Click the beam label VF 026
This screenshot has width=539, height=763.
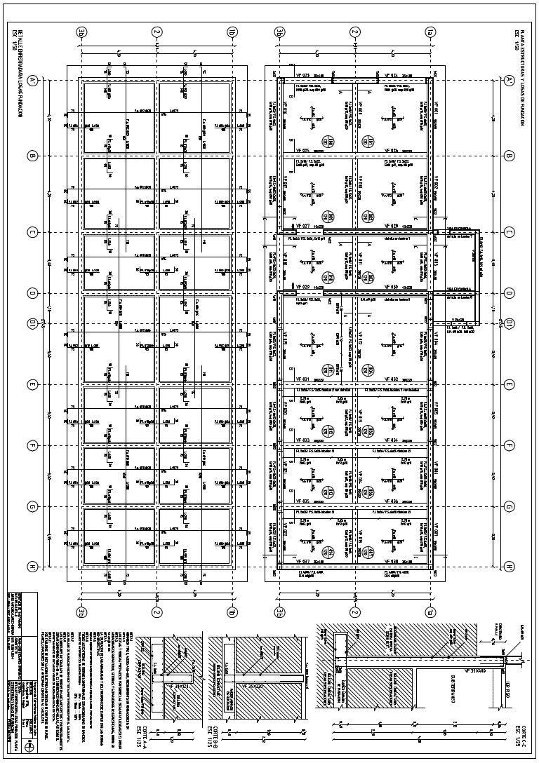click(390, 150)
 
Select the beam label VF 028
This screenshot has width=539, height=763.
click(390, 227)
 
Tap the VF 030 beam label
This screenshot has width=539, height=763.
click(390, 288)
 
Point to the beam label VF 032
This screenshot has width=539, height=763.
click(390, 379)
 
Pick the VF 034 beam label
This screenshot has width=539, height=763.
click(390, 440)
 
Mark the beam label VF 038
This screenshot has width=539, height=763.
click(390, 562)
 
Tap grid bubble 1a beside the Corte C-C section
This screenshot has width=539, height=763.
click(429, 612)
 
